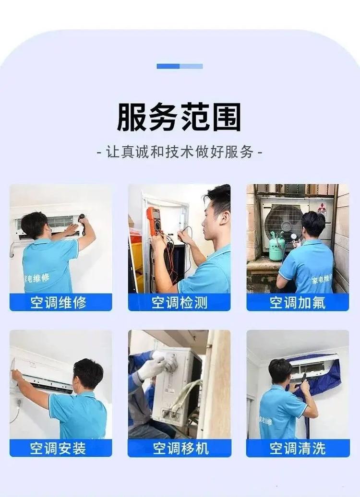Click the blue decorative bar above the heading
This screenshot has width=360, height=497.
(x=180, y=66)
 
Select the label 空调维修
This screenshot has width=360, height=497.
(x=60, y=303)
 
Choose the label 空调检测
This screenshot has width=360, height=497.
(x=179, y=303)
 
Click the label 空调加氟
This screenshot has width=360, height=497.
(x=298, y=303)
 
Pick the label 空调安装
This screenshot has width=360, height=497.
(x=60, y=449)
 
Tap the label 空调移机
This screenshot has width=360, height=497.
(x=179, y=449)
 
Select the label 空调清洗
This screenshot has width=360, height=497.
(x=298, y=449)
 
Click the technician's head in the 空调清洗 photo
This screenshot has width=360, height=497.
(x=280, y=371)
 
